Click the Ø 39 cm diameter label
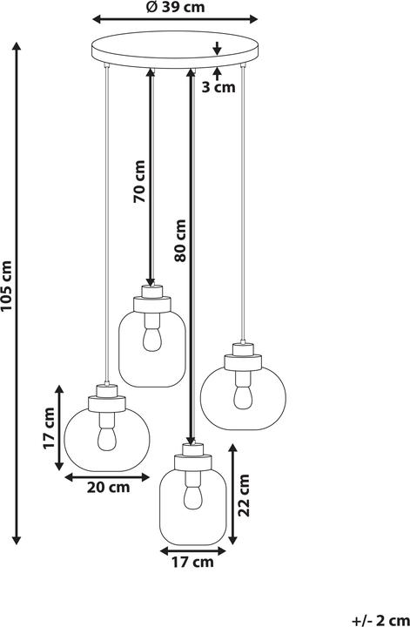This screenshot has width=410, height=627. tap(175, 7)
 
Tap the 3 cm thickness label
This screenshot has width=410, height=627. tap(218, 87)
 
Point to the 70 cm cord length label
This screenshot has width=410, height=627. tap(139, 181)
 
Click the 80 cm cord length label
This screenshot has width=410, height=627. tap(180, 240)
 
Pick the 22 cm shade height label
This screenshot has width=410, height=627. tap(244, 495)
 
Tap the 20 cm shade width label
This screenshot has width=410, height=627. tap(108, 487)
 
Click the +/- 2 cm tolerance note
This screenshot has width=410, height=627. tap(380, 621)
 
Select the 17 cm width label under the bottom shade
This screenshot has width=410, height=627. tap(192, 562)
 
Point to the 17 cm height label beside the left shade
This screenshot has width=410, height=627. tap(49, 428)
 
